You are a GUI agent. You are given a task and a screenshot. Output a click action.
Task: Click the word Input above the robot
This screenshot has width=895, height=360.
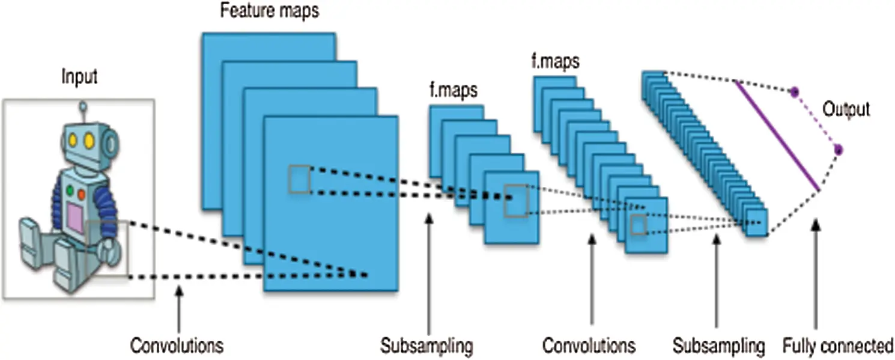(79, 77)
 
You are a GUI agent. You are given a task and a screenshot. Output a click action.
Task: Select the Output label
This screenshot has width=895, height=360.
(846, 110)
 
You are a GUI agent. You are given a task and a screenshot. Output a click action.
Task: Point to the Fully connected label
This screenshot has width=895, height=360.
(837, 346)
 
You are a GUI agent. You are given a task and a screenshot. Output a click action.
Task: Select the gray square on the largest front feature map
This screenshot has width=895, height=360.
(299, 180)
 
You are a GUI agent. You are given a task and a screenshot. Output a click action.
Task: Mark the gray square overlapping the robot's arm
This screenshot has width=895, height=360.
(107, 248)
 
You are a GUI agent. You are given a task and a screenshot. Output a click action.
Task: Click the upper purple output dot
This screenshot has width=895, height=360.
(794, 92)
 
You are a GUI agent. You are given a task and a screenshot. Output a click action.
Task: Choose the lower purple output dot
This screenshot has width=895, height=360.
(839, 149)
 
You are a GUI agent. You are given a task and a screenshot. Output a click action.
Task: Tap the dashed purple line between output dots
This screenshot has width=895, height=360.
(816, 120)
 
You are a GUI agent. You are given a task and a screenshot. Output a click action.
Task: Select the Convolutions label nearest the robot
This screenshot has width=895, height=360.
(177, 346)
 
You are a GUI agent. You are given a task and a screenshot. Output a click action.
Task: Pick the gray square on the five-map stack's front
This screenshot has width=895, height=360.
(516, 201)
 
